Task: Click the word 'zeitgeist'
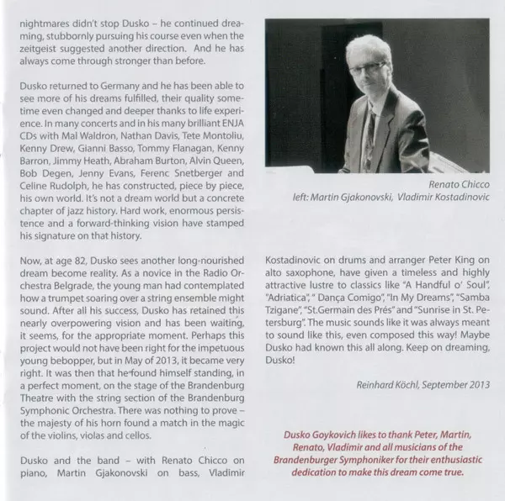coord(40,52)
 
